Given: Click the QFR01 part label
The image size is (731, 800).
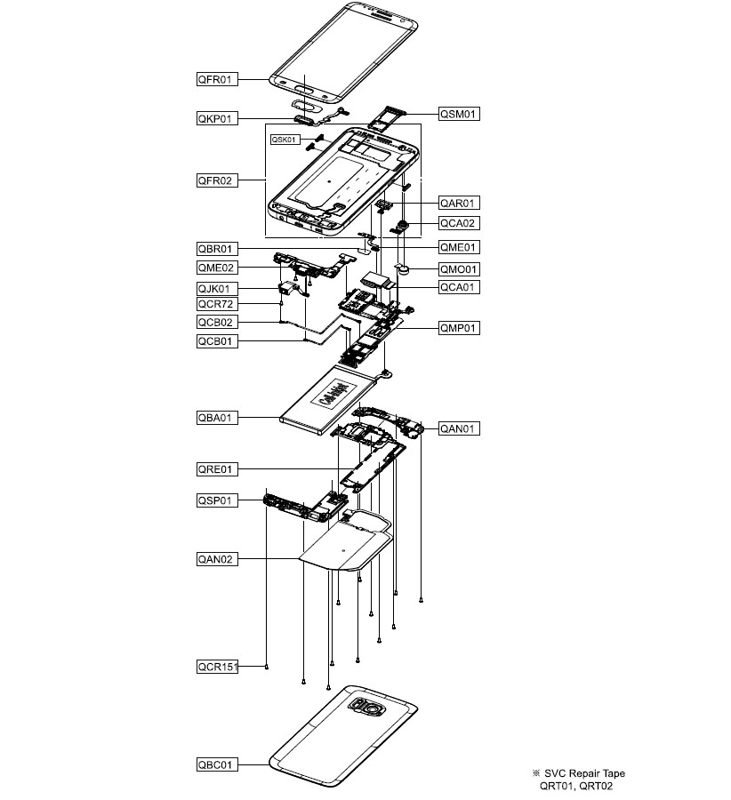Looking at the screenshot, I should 217,79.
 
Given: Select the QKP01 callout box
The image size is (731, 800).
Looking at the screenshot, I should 217,117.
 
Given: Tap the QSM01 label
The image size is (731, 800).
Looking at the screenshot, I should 459,114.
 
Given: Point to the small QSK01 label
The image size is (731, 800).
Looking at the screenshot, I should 284,140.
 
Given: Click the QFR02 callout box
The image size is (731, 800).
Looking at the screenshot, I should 217,180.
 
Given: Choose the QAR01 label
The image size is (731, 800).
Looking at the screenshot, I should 459,203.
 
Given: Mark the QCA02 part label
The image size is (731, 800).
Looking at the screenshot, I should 459,223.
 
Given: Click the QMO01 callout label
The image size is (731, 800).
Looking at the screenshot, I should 459,268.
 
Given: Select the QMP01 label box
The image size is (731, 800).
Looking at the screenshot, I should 459,328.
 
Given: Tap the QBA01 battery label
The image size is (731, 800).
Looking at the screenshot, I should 217,416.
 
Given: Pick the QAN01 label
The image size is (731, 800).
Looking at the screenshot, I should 459,428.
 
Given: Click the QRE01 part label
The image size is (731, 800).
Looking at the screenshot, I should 217,468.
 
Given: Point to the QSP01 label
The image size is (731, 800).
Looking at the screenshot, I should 217,500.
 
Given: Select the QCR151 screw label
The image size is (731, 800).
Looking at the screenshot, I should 219,666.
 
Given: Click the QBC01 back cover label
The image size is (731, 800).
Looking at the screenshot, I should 217,764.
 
